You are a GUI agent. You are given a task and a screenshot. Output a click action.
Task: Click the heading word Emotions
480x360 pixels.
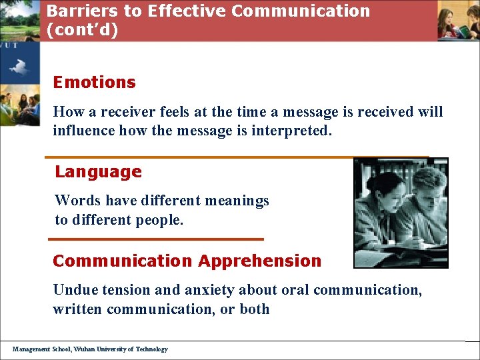coord(94,83)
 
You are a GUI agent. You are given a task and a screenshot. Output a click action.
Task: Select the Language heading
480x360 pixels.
coord(98,172)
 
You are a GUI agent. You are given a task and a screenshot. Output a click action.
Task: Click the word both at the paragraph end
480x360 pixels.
coord(255,309)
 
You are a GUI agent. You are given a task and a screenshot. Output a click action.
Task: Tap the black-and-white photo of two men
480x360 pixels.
coord(401,213)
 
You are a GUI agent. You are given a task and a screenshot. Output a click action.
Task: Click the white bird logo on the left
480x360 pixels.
coord(18,67)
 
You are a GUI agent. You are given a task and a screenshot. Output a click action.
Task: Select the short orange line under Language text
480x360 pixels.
coord(157,239)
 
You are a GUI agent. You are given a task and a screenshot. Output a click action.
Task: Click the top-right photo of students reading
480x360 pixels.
coord(459,21)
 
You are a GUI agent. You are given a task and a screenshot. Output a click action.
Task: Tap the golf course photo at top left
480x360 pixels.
coord(19,20)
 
